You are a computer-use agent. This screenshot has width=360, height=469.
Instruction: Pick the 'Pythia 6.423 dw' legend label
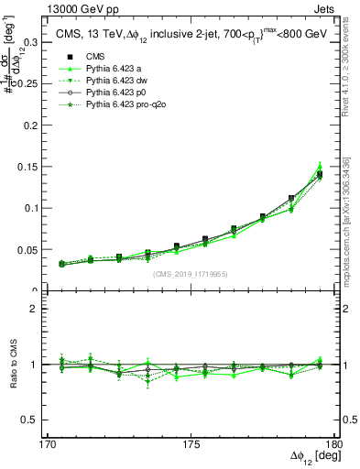point(119,82)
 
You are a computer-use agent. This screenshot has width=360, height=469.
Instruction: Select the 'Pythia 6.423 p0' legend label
point(119,93)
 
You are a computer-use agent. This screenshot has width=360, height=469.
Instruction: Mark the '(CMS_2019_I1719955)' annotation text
point(190,273)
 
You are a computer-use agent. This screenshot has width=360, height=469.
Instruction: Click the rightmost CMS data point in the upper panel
point(319,174)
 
